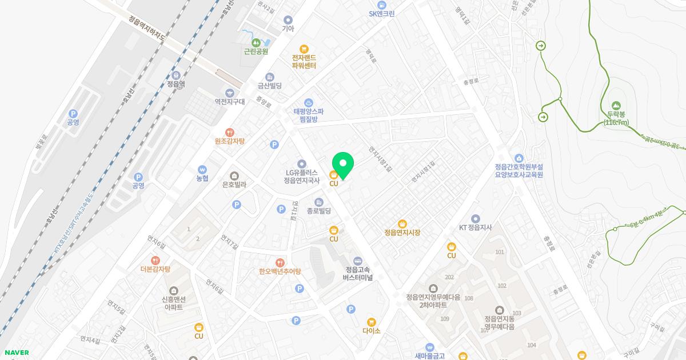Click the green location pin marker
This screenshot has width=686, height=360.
[x=343, y=165]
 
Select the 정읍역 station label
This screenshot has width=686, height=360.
[x=176, y=83]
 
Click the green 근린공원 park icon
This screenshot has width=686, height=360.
[x=256, y=42]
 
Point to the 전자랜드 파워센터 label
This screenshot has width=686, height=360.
[x=304, y=61]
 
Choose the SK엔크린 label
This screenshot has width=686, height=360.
[x=381, y=14]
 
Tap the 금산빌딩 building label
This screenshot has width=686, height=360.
[x=270, y=86]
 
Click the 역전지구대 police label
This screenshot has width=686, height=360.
[x=229, y=101]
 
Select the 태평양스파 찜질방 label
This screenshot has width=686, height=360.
[x=309, y=115]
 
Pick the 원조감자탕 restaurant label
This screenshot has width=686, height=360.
[x=229, y=141]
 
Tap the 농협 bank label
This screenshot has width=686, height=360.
[x=202, y=178]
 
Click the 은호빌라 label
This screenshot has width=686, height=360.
[x=234, y=185]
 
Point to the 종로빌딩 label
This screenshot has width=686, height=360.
[x=319, y=211]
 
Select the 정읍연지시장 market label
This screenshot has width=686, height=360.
[x=402, y=233]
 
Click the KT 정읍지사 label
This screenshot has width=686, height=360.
[x=476, y=227]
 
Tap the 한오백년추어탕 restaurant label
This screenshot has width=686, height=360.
[x=280, y=271]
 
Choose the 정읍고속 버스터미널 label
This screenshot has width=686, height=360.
[x=357, y=273]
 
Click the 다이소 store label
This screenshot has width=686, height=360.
[x=371, y=330]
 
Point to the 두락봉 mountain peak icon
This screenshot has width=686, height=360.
[x=616, y=106]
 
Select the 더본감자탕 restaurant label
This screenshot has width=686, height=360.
[x=155, y=269]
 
